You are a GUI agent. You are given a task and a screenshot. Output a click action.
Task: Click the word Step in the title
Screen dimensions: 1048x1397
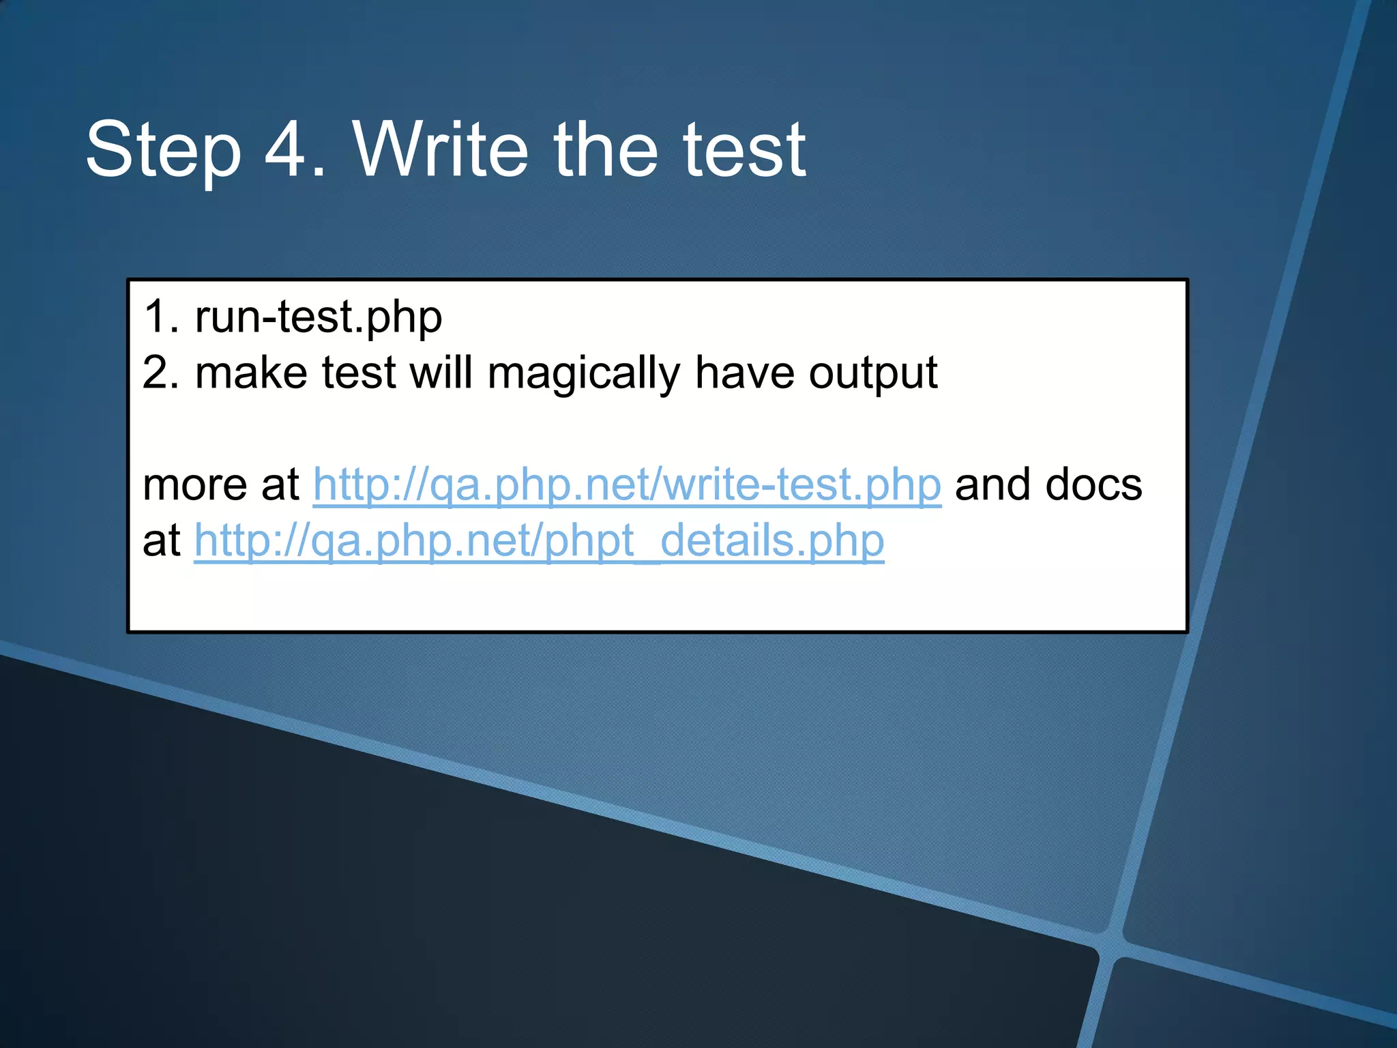164,150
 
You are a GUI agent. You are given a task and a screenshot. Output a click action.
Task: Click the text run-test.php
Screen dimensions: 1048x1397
319,317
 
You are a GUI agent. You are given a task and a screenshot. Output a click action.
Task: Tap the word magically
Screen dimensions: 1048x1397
583,375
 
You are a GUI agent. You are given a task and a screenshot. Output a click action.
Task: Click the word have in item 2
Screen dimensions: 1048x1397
744,373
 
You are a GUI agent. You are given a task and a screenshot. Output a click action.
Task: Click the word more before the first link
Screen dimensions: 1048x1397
194,486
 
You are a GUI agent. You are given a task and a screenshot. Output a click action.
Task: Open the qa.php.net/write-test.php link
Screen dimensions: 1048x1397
627,486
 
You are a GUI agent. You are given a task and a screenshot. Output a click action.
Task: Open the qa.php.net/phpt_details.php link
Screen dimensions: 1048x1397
539,542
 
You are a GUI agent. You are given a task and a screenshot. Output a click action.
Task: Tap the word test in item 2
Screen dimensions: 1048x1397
358,373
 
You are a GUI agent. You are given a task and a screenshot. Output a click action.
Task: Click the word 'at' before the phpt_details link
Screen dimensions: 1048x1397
161,541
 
